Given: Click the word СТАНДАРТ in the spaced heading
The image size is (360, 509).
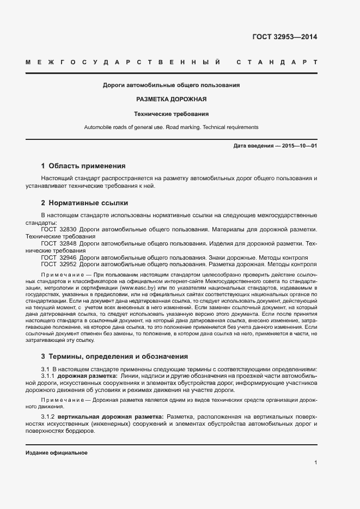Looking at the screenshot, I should pyautogui.click(x=277, y=63).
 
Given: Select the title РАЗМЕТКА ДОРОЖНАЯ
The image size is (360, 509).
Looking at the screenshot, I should pyautogui.click(x=172, y=100).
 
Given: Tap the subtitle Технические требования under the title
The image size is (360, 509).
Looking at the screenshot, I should pyautogui.click(x=172, y=114).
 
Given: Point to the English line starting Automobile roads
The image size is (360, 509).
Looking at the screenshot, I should pyautogui.click(x=171, y=127).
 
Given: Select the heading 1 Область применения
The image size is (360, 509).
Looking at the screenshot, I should pyautogui.click(x=83, y=166).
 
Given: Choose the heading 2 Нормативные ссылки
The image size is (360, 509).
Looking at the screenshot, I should pyautogui.click(x=84, y=203).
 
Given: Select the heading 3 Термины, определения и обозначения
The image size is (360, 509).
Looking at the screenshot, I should pyautogui.click(x=114, y=357).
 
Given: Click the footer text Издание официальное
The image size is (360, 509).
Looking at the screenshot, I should pyautogui.click(x=57, y=453).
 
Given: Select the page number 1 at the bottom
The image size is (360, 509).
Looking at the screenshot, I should pyautogui.click(x=315, y=463).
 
